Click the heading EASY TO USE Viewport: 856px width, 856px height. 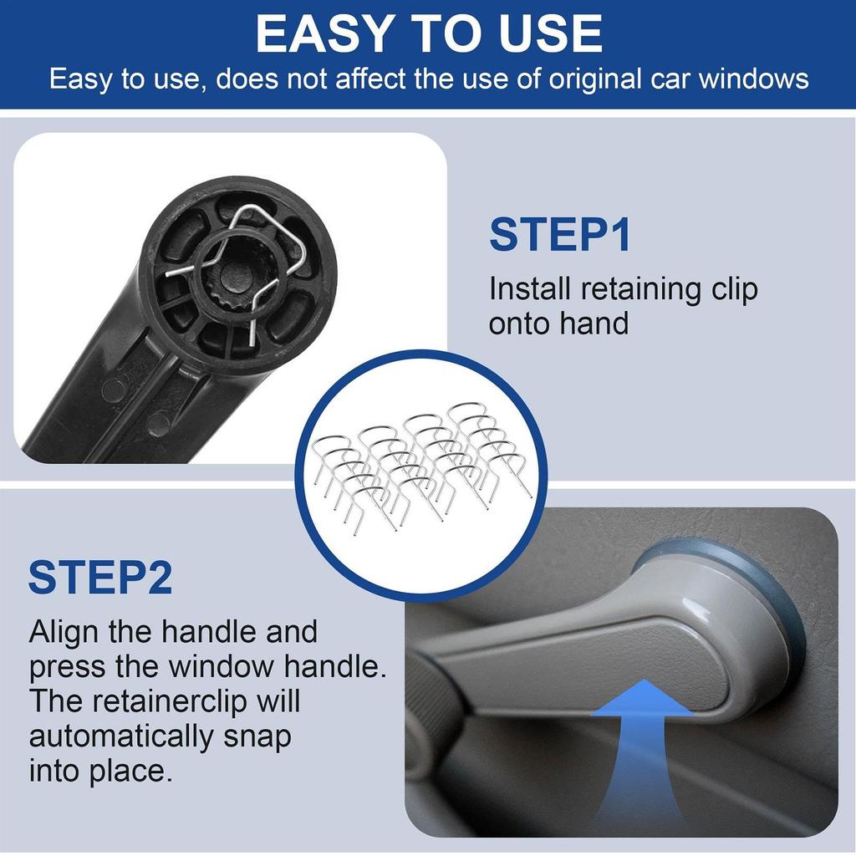point(428,33)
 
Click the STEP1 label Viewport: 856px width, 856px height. point(559,235)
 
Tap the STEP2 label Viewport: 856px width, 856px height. point(100,578)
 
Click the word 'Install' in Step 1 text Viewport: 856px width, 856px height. point(530,289)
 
